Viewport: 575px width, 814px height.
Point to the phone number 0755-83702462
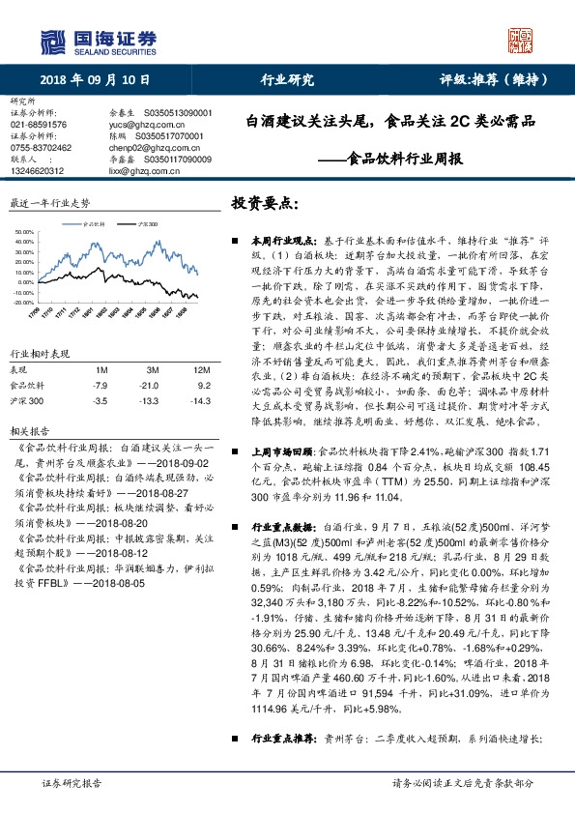pyautogui.click(x=41, y=147)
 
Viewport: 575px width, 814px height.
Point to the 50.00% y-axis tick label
pyautogui.click(x=23, y=233)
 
